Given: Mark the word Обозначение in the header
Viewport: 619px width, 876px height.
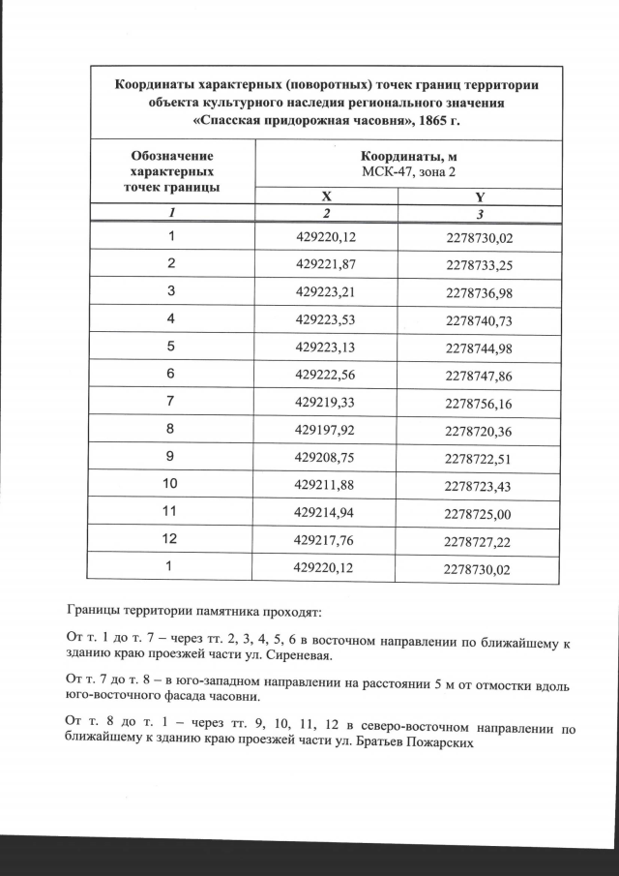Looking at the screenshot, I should pyautogui.click(x=171, y=155).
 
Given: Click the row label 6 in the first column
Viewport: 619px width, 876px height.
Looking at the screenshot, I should pyautogui.click(x=171, y=374).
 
